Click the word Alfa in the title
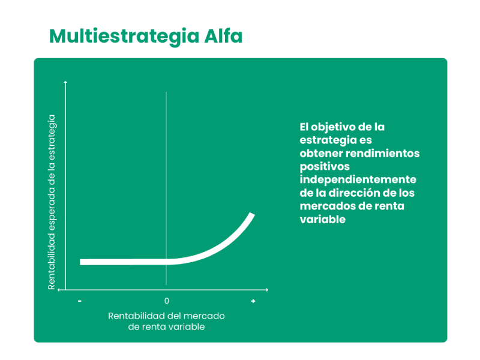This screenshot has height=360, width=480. click(223, 36)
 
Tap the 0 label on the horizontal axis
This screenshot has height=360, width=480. click(167, 301)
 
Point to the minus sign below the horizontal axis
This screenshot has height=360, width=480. click(80, 301)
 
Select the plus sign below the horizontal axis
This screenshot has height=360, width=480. click(253, 301)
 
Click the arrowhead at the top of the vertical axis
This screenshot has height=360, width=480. click(65, 82)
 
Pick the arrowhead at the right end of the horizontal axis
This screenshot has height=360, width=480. click(267, 290)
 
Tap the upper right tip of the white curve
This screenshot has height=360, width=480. click(253, 214)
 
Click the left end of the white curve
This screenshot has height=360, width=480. click(80, 262)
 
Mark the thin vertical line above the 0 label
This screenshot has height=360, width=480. click(166, 188)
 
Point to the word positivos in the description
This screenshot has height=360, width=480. click(325, 167)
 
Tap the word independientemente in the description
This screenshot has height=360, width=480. click(358, 179)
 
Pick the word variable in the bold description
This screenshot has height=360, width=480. click(323, 219)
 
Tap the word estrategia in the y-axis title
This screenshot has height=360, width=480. click(52, 137)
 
